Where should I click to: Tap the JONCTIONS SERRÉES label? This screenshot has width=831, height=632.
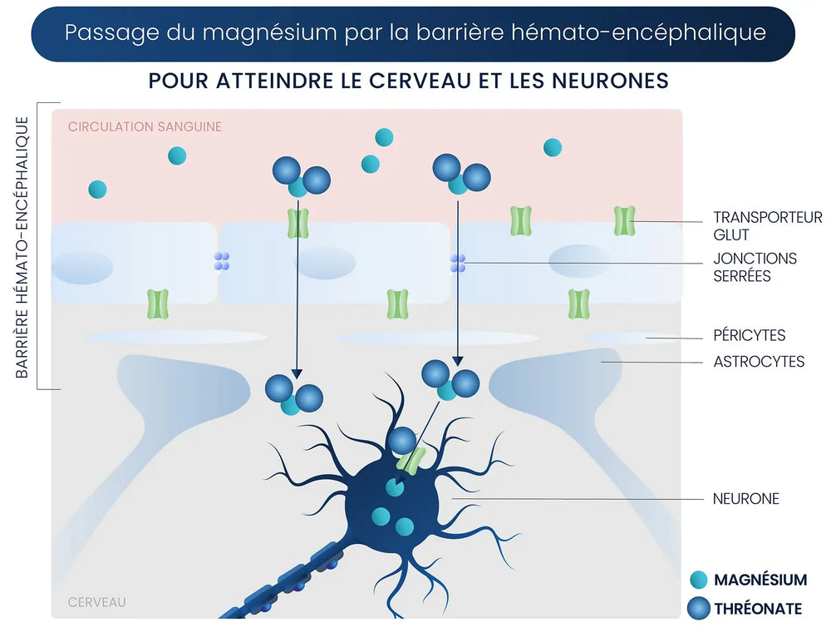coord(755,267)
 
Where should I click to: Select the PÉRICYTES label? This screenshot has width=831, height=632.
coord(749,335)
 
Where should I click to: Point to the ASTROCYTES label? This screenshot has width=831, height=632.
coord(759,362)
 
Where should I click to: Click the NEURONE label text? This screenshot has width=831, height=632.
coord(745,499)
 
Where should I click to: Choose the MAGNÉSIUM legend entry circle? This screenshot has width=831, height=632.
coord(699,580)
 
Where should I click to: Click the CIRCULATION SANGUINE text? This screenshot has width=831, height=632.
coord(145,127)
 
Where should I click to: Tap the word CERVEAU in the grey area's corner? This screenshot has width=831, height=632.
coord(96,601)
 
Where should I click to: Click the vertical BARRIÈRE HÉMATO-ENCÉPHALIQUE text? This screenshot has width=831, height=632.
coord(22,247)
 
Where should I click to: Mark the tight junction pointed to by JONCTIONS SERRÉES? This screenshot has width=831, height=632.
coord(458,263)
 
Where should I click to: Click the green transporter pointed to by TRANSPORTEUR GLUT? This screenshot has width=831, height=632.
coord(624,220)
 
